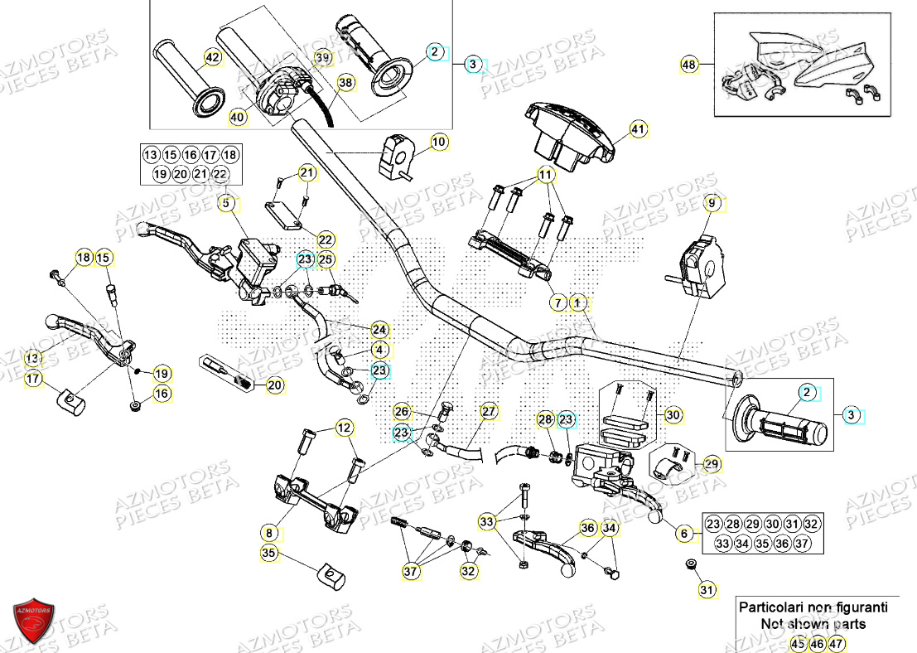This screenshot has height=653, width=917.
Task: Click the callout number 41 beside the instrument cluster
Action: pyautogui.click(x=637, y=129)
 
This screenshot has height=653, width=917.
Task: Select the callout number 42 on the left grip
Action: pyautogui.click(x=213, y=58)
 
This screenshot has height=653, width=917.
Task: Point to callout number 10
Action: pyautogui.click(x=439, y=143)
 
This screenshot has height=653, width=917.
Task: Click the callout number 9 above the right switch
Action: pyautogui.click(x=710, y=203)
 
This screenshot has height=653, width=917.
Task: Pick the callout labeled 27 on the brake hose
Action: pyautogui.click(x=489, y=411)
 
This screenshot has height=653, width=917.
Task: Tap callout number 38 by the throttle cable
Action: pyautogui.click(x=345, y=82)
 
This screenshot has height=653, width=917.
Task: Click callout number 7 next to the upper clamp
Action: pyautogui.click(x=558, y=304)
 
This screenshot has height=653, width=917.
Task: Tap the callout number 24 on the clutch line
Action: pyautogui.click(x=379, y=329)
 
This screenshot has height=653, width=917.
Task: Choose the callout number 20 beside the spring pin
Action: pyautogui.click(x=275, y=385)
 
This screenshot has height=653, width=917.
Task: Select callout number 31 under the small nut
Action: pyautogui.click(x=705, y=590)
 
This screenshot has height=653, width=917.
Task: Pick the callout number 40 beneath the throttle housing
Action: pyautogui.click(x=238, y=119)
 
